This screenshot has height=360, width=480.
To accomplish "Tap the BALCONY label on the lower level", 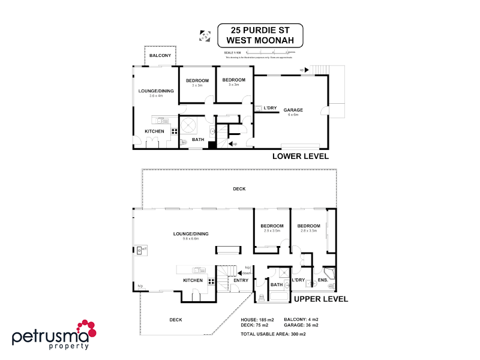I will (160, 56).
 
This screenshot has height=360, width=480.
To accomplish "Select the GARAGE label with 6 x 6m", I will (293, 110).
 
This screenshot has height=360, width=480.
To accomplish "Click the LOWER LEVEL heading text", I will (300, 157).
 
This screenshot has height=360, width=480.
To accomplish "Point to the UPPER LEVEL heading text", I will (320, 299).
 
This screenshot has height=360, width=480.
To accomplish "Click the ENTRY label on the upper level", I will (241, 280).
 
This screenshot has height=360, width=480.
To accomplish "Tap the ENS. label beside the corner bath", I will (322, 280).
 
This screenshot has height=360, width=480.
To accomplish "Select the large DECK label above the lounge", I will (239, 189).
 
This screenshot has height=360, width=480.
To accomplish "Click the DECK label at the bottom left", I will (176, 320).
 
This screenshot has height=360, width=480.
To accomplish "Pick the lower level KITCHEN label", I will (154, 131).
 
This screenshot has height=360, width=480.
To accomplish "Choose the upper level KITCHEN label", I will (193, 280).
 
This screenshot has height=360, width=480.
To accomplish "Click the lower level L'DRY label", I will (270, 109).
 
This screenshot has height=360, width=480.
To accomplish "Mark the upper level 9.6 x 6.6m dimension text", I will (191, 239).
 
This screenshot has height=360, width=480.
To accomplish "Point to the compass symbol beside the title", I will (204, 35).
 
